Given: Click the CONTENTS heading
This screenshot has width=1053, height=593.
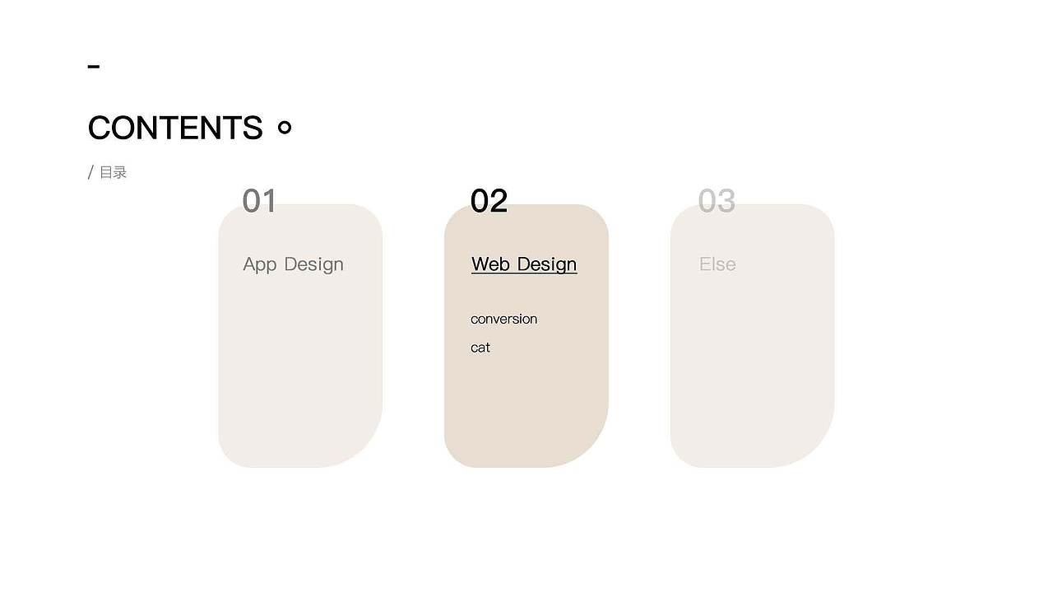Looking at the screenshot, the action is click(x=175, y=128).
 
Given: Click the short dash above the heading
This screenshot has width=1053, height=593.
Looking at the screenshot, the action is click(x=94, y=67).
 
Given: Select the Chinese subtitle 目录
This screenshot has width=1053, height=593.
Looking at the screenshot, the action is click(x=114, y=172).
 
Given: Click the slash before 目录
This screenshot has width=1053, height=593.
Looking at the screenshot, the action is click(x=90, y=172).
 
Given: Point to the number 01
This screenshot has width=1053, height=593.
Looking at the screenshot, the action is click(x=259, y=201).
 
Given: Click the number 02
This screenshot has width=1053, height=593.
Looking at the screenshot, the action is click(x=489, y=201).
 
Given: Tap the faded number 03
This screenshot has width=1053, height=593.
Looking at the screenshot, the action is click(x=717, y=201).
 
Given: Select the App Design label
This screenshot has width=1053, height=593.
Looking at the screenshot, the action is click(x=294, y=264).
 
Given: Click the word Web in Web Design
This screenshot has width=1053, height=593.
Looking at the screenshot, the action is click(x=490, y=264).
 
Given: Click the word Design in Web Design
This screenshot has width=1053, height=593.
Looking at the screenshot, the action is click(x=547, y=264).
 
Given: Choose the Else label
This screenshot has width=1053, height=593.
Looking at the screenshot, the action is click(x=717, y=264).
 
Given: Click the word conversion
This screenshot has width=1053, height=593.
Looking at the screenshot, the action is click(x=504, y=319).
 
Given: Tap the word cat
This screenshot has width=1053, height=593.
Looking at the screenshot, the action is click(x=480, y=348).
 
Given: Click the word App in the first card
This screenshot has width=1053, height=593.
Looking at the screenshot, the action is click(x=259, y=264).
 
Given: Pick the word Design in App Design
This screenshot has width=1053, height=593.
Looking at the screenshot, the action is click(x=314, y=264).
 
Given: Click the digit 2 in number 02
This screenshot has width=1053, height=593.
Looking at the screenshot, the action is click(x=499, y=201).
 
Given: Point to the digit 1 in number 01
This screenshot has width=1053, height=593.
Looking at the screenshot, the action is click(x=269, y=201).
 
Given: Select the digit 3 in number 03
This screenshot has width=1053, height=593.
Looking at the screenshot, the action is click(x=726, y=201).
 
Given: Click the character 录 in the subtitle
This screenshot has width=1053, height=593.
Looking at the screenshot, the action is click(x=120, y=172).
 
